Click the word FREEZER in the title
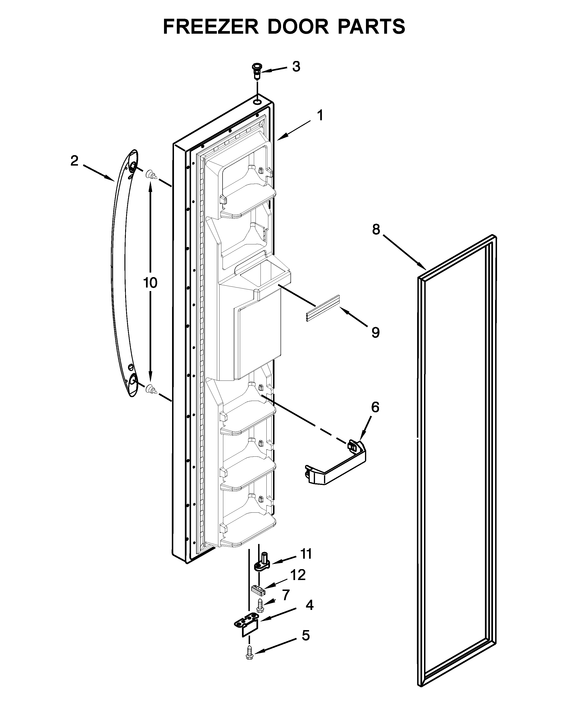pyautogui.click(x=211, y=27)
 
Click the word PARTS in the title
pyautogui.click(x=371, y=27)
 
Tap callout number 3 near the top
pyautogui.click(x=296, y=67)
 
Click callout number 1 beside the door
pyautogui.click(x=320, y=116)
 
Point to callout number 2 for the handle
pyautogui.click(x=74, y=161)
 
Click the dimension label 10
pyautogui.click(x=150, y=283)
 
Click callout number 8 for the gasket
pyautogui.click(x=376, y=229)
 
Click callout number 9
pyautogui.click(x=375, y=332)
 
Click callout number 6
pyautogui.click(x=375, y=407)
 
